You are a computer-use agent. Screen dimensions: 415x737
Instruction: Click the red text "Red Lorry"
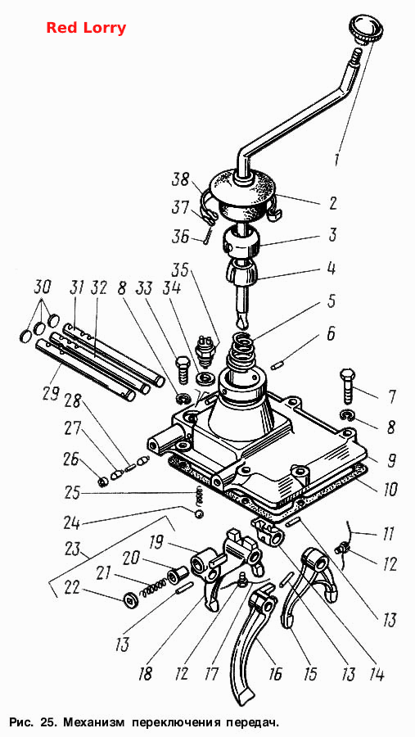[x=86, y=28]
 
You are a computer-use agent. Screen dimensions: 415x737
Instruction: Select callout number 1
[x=337, y=158]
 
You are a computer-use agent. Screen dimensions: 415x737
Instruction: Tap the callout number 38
[x=180, y=180]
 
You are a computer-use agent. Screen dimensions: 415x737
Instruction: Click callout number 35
[x=180, y=271]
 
